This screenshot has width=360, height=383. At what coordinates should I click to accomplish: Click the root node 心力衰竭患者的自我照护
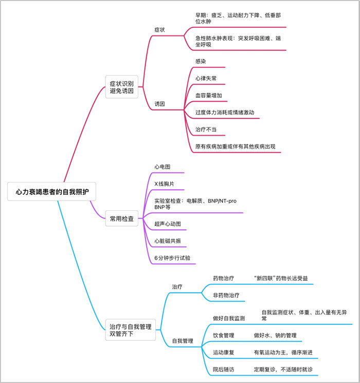point(51,191)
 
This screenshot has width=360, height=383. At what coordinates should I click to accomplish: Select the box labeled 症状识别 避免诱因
point(122,87)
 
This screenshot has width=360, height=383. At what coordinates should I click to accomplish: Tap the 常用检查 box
point(122,218)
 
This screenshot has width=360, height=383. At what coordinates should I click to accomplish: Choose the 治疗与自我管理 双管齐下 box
point(131,330)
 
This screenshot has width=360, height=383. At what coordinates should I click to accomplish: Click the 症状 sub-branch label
point(159,30)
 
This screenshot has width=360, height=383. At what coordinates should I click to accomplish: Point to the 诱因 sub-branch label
point(159,104)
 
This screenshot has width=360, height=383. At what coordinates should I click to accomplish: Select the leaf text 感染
point(201,61)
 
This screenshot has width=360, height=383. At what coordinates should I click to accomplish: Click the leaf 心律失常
point(206,78)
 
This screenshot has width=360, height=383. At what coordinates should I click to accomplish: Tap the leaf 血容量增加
point(208,95)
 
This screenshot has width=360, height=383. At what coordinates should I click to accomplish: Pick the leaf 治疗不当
point(206,129)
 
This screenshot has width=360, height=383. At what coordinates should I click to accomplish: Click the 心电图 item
point(163,167)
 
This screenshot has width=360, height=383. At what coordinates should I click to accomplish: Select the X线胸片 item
point(164,184)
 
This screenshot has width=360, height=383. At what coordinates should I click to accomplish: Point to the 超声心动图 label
point(168,224)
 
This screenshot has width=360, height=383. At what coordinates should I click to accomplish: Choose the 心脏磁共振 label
point(168,241)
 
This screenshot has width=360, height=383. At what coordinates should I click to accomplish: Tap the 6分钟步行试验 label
point(172,258)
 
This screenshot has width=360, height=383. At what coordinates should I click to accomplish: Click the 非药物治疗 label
point(226,295)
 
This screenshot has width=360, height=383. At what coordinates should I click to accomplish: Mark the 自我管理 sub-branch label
point(183,341)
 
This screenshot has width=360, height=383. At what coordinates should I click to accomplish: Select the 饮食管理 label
point(223,335)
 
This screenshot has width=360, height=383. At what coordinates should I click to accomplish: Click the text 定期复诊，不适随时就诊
point(283,369)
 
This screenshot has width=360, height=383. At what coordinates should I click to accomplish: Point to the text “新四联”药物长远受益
point(281,278)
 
